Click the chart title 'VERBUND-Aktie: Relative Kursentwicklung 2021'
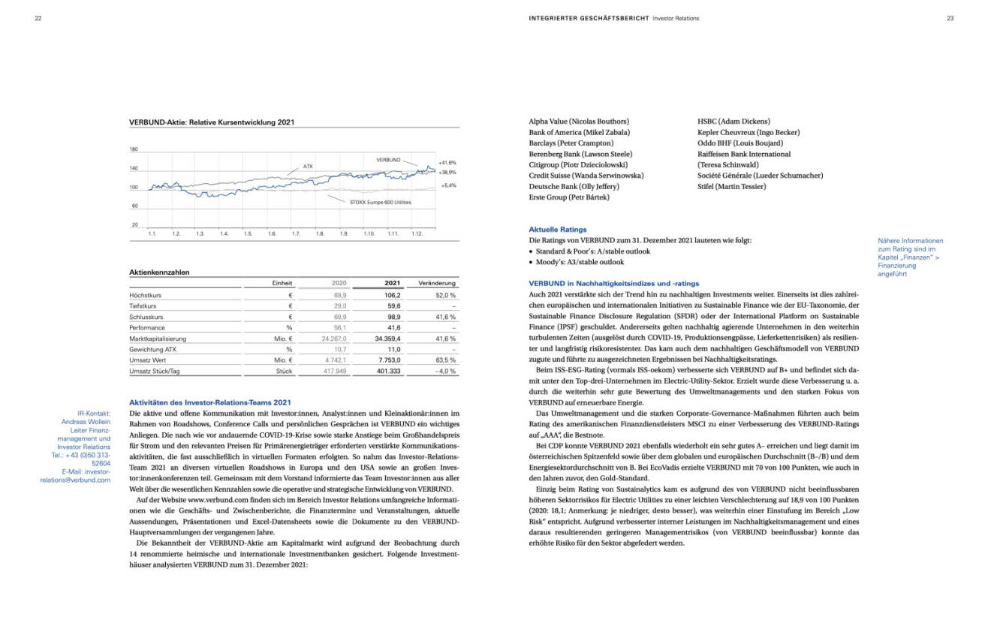(212, 122)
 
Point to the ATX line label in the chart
(308, 166)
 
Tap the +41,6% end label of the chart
(447, 162)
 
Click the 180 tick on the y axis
(134, 149)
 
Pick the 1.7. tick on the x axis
(296, 234)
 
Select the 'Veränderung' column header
(436, 283)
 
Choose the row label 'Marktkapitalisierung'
(158, 339)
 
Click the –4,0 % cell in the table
(444, 371)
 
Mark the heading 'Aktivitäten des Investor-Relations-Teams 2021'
(210, 403)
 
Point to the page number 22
(38, 18)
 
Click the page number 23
(950, 18)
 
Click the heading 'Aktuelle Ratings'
(558, 230)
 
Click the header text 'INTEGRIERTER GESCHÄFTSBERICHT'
(589, 18)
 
